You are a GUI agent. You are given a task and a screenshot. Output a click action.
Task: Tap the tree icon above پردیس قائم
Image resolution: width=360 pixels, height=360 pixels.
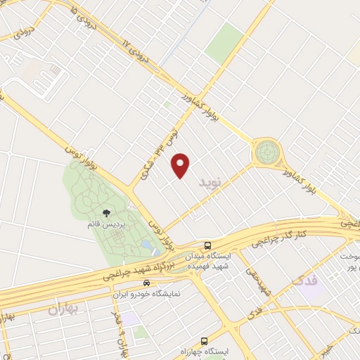tap(106, 212)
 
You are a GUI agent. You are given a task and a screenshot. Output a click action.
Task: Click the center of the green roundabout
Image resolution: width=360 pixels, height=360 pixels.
tap(267, 151)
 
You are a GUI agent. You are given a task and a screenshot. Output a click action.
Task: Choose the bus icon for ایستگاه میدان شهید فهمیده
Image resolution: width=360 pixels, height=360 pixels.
tap(207, 245)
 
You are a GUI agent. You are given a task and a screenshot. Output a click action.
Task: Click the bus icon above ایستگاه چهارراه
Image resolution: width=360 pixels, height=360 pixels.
tap(203, 341)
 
